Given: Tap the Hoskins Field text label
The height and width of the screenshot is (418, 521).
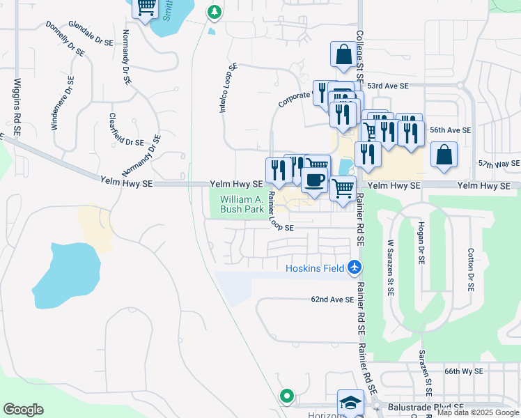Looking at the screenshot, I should tap(315, 268).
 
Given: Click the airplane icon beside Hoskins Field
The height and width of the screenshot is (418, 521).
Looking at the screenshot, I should tap(355, 267).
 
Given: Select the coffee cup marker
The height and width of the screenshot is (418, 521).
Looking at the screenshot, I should tap(314, 179).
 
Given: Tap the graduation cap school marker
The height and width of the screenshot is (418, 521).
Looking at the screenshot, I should tap(350, 402).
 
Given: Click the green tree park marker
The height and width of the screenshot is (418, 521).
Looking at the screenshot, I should tap(215, 12).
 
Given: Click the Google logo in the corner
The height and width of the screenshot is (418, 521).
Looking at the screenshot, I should tap(23, 410).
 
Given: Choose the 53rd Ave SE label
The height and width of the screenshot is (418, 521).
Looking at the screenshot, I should tap(389, 86).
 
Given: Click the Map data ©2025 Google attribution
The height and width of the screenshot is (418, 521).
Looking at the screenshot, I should tap(478, 412).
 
